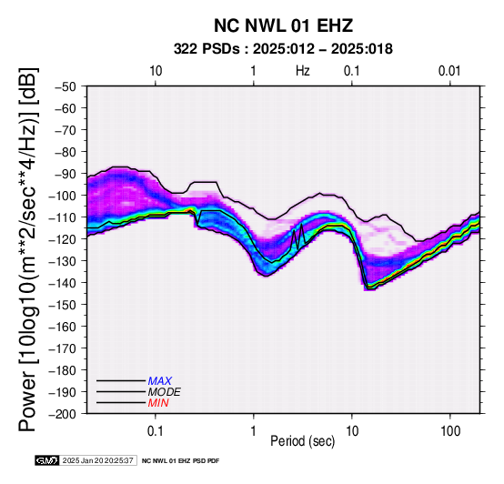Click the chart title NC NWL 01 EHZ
284,25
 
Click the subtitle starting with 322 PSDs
283,49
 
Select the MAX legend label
160,381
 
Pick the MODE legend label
165,392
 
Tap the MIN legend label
158,403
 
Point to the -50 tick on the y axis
66,86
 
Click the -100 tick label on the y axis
63,196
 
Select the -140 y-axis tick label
63,283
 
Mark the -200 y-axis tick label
63,413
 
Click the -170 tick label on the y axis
63,348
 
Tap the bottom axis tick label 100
450,431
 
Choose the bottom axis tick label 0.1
156,431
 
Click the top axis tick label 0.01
449,71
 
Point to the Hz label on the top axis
303,71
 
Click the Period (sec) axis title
302,441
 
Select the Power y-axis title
27,249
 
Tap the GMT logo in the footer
47,460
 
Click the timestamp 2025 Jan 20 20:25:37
97,460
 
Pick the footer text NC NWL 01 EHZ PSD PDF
181,461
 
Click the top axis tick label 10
156,71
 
